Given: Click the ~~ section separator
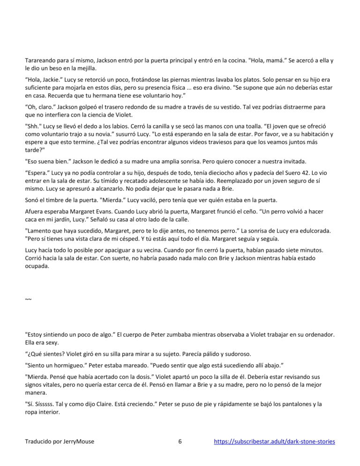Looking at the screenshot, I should click(28, 299).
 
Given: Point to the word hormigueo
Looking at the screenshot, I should click(67, 365).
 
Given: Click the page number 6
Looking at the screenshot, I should click(180, 442).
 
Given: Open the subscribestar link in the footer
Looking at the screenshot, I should click(274, 442).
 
